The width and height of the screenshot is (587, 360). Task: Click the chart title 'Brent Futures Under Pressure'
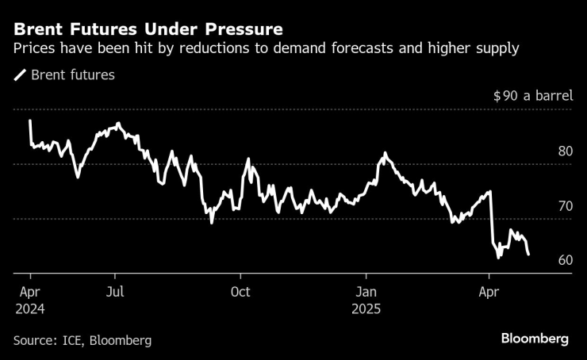(x=148, y=30)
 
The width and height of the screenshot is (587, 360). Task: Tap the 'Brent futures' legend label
(x=74, y=76)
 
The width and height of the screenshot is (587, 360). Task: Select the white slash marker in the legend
(x=20, y=76)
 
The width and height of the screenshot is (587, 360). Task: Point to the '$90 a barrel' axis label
(x=532, y=96)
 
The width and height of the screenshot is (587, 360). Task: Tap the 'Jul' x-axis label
(x=116, y=292)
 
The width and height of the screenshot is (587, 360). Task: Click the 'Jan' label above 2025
(x=366, y=292)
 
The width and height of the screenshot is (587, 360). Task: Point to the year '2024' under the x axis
(x=29, y=309)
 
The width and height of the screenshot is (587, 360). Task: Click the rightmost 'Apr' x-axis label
(x=489, y=292)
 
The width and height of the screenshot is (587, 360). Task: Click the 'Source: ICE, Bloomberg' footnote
(x=82, y=340)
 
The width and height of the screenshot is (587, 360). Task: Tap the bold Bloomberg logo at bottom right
(x=535, y=339)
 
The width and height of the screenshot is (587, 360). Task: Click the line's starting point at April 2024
(x=29, y=121)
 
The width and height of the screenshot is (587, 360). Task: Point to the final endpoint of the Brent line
(x=529, y=255)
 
